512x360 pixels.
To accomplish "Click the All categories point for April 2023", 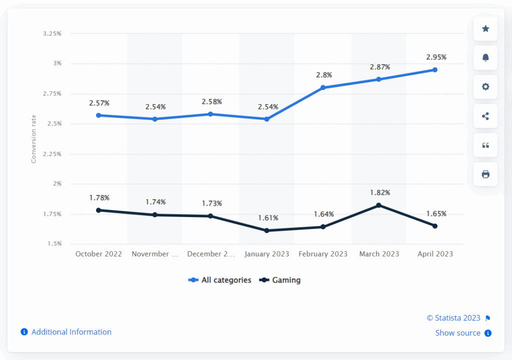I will (x=435, y=70).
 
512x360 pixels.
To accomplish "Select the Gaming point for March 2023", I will (x=379, y=205).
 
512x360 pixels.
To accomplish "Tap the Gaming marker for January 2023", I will (x=267, y=230).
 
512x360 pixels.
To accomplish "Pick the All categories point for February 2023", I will (x=323, y=87).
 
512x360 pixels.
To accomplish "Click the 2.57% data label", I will (x=99, y=103).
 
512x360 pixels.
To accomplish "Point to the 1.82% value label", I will (x=380, y=192).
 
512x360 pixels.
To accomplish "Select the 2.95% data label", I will (x=436, y=57).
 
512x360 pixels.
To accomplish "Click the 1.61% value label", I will (x=268, y=218).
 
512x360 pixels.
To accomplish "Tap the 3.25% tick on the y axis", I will (x=52, y=33).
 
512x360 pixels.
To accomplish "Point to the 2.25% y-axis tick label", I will (x=52, y=154).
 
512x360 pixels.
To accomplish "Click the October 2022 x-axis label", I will (x=98, y=254).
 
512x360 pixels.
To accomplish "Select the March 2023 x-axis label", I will (x=379, y=254).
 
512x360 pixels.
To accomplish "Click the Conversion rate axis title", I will (x=34, y=139).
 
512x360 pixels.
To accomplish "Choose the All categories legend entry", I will (x=220, y=280).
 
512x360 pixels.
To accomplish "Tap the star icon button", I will (x=485, y=28).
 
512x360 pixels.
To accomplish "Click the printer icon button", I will (x=485, y=174).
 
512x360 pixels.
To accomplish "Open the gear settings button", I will (x=485, y=86).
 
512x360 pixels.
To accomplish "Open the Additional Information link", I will (x=71, y=332).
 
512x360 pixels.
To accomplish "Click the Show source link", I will (x=458, y=333).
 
